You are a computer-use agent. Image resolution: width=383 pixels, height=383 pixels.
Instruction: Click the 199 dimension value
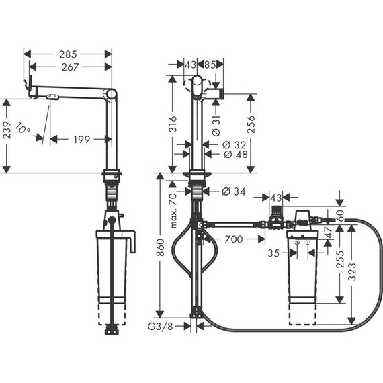81,140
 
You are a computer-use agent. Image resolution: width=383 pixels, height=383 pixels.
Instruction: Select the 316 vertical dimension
172,124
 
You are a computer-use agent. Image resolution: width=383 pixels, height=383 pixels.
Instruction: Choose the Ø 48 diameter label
232,154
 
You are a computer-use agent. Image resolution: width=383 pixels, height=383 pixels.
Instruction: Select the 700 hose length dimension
233,239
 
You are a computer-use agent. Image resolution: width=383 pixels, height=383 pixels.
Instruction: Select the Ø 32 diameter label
232,144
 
